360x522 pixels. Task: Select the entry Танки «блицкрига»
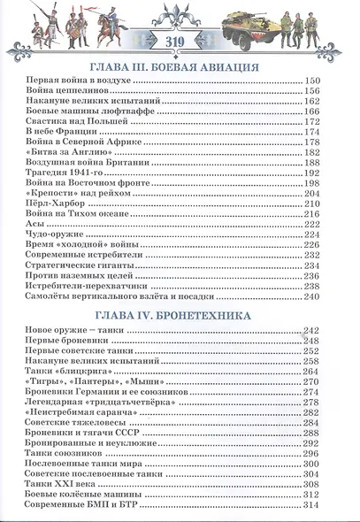[x=64, y=372]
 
